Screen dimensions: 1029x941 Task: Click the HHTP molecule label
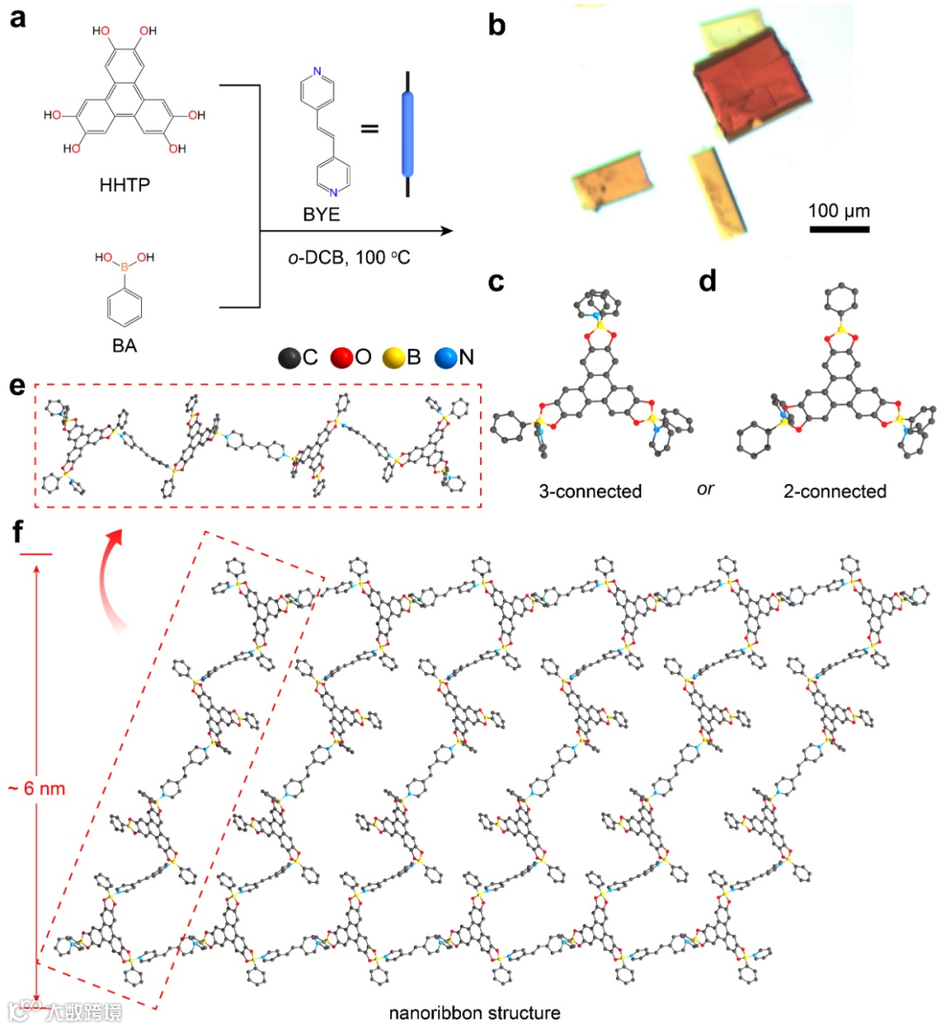(125, 185)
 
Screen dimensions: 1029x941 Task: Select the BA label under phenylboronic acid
(125, 346)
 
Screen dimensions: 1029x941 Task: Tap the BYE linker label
(322, 214)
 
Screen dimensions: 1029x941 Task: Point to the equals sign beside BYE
(370, 129)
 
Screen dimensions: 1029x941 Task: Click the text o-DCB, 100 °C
(349, 259)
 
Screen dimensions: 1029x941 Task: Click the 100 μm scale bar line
(839, 230)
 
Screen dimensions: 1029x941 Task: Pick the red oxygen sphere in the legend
(342, 358)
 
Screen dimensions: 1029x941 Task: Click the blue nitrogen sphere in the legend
(447, 358)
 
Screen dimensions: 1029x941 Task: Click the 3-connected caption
(590, 491)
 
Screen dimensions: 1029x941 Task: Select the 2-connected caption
(835, 491)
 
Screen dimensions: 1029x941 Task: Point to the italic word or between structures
(705, 489)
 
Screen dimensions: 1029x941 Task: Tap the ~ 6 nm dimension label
(37, 790)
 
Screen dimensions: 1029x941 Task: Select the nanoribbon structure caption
(474, 1012)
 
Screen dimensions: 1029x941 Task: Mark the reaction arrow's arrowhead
(448, 231)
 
